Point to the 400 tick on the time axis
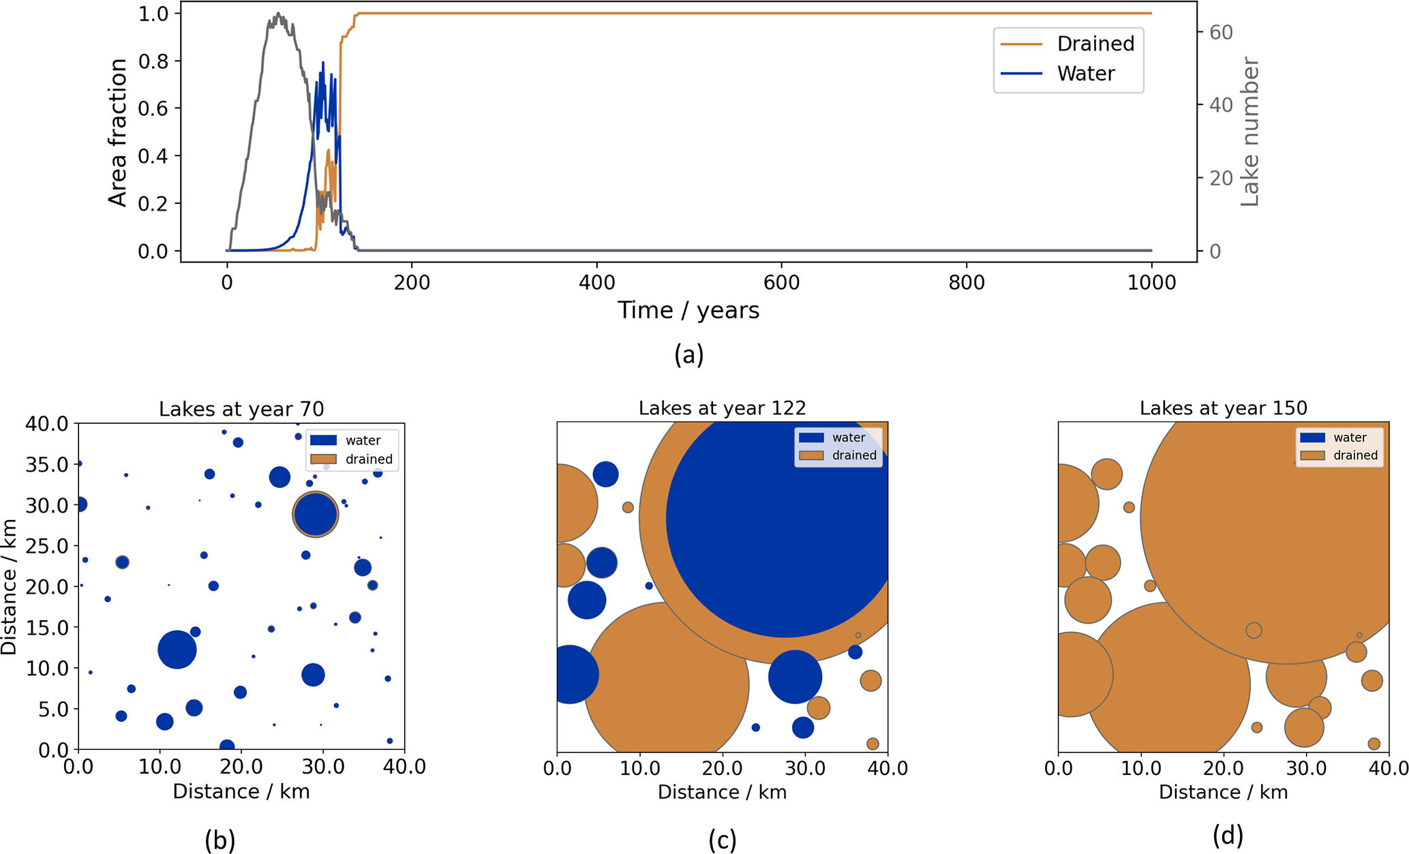[596, 282]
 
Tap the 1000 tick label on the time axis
[1151, 282]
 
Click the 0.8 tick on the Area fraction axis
[153, 61]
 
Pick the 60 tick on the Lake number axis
[1221, 32]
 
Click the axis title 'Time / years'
[688, 311]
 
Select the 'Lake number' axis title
[1249, 132]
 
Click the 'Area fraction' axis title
[118, 132]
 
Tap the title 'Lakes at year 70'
[241, 409]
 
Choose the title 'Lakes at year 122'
[722, 408]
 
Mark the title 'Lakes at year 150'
[1223, 408]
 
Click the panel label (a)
[688, 354]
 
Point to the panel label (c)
[722, 840]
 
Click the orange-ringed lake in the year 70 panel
[315, 515]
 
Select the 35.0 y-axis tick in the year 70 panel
[48, 465]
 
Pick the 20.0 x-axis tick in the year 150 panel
[1223, 768]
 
